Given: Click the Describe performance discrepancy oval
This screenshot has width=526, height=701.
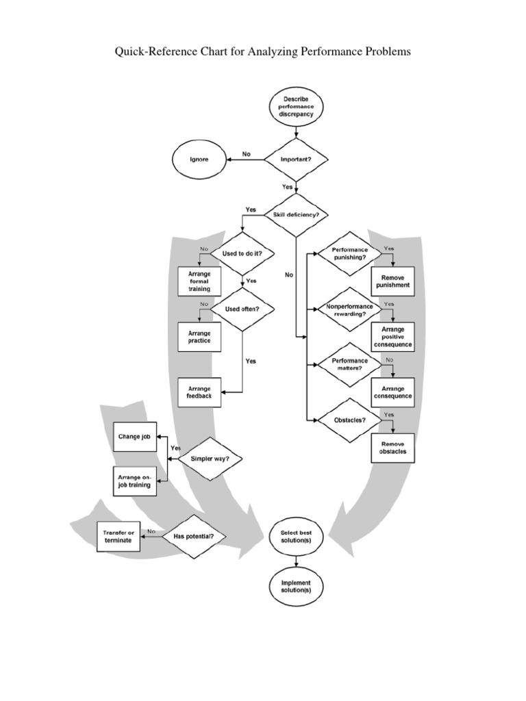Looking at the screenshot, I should tap(297, 106).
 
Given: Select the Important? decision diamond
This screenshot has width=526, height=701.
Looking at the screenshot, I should tap(297, 159).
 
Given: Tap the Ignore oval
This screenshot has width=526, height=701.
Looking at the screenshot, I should tap(199, 159).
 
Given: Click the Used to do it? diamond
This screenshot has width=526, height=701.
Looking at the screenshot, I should tap(242, 253).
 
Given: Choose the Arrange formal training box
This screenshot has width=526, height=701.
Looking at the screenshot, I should tap(199, 280).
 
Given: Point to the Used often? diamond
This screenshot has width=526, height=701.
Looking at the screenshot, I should tap(242, 309).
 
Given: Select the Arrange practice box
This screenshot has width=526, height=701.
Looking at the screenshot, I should tap(199, 336).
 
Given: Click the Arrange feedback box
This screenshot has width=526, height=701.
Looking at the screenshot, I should tap(199, 392).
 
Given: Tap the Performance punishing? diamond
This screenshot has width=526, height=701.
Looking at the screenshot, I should tap(349, 254).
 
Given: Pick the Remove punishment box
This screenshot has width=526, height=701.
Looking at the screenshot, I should tap(392, 281).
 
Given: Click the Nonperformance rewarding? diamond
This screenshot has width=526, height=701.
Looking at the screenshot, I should tap(349, 309).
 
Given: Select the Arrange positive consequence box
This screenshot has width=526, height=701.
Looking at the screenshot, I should tap(392, 336).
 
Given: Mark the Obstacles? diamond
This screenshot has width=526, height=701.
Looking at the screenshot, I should tap(349, 419).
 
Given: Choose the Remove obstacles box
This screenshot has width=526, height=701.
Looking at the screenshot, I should tap(392, 448).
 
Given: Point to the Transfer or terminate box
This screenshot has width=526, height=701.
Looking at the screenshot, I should tap(118, 536).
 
